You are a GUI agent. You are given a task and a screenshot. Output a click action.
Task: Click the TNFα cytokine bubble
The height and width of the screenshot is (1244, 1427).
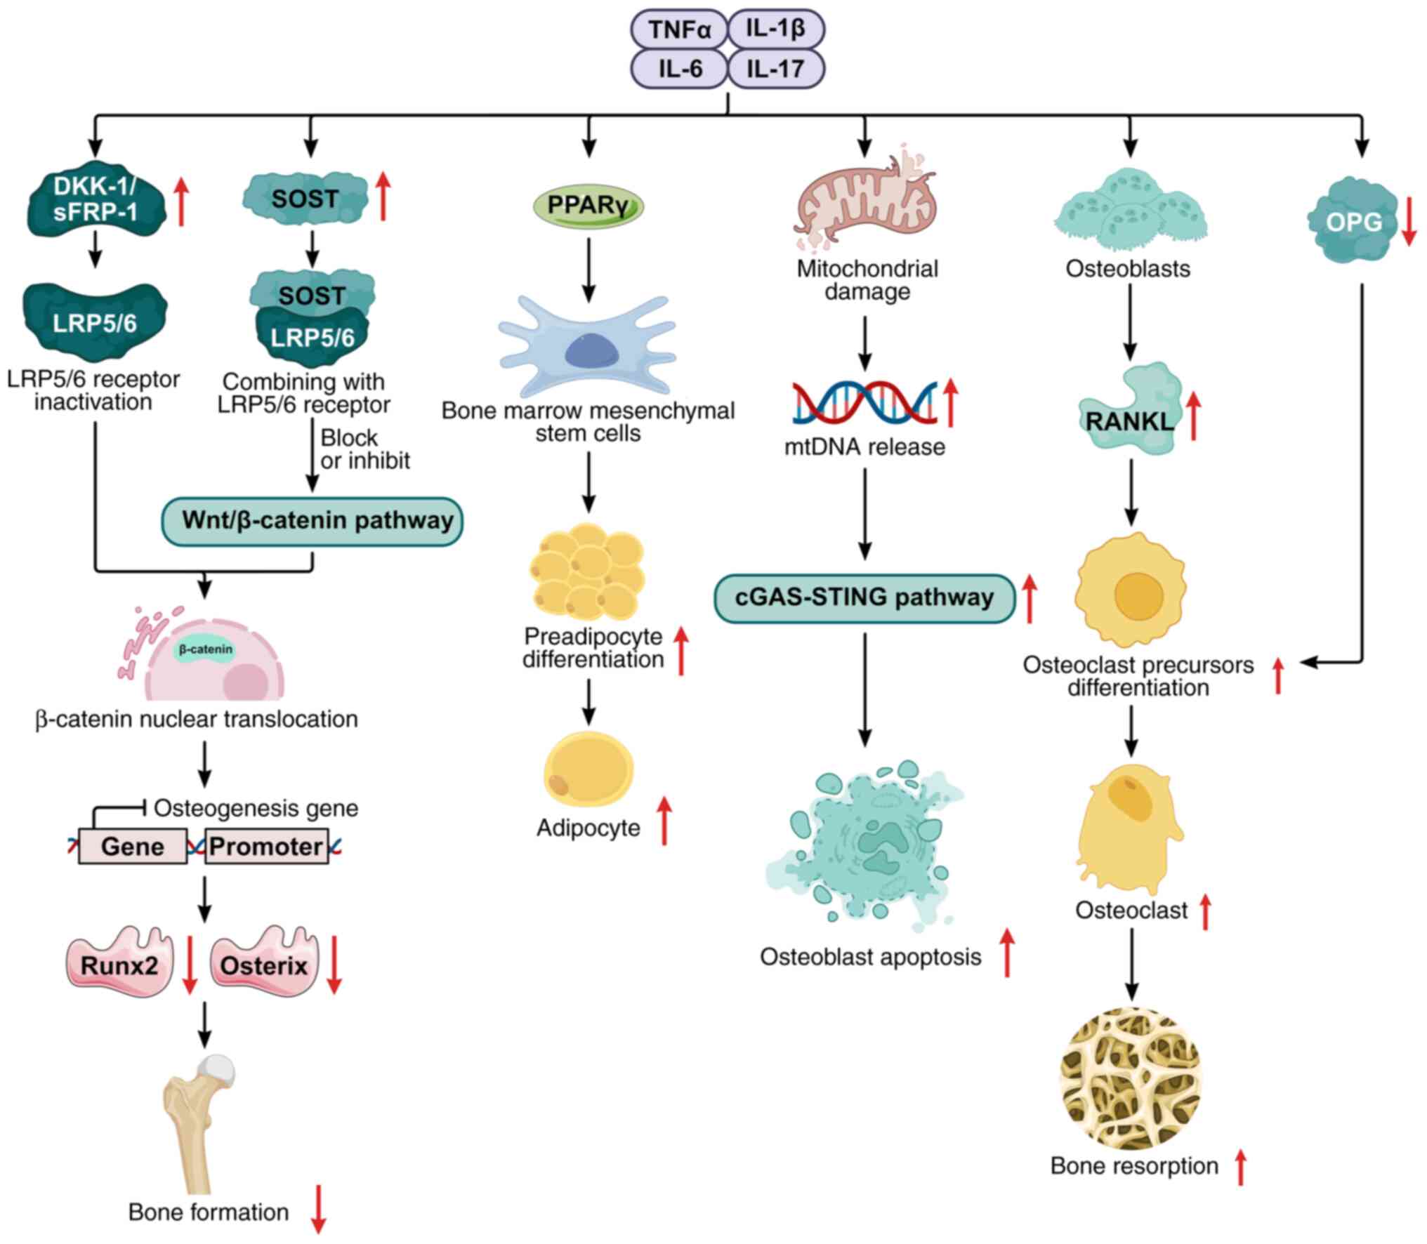click(x=679, y=29)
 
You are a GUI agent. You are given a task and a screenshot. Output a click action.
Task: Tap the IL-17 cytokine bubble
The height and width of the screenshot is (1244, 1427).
click(x=775, y=69)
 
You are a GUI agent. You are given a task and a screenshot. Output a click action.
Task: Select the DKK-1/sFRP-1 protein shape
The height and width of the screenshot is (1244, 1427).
click(x=96, y=199)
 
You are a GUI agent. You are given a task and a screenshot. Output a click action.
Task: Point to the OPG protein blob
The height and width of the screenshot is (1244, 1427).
click(x=1353, y=221)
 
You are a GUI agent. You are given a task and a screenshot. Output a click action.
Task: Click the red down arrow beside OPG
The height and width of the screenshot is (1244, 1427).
click(x=1408, y=221)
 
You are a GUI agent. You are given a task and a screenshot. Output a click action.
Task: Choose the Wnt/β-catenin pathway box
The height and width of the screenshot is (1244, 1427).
click(x=313, y=521)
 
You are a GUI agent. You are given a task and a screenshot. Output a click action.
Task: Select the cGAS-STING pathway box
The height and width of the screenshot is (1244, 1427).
click(x=864, y=598)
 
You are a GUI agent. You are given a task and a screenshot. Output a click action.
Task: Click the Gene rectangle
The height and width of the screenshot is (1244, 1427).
click(x=133, y=846)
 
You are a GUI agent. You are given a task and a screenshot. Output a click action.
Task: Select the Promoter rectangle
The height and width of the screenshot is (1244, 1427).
click(x=266, y=846)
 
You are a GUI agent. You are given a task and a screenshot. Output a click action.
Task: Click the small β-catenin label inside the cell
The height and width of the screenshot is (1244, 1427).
click(x=205, y=649)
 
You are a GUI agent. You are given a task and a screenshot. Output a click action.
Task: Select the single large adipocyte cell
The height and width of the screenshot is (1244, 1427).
click(x=588, y=770)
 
